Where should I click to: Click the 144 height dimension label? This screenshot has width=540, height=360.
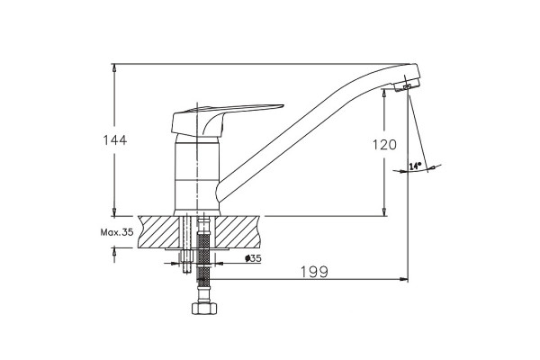[115, 139]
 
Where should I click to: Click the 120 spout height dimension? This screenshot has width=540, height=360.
[384, 145]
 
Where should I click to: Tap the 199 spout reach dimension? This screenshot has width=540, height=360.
[315, 272]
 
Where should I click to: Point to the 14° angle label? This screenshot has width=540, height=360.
[416, 166]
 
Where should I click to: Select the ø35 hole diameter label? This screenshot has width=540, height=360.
[253, 258]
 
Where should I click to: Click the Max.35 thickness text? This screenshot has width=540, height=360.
[117, 232]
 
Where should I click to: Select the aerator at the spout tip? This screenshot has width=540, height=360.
[407, 86]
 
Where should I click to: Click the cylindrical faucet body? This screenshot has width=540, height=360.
[196, 175]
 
